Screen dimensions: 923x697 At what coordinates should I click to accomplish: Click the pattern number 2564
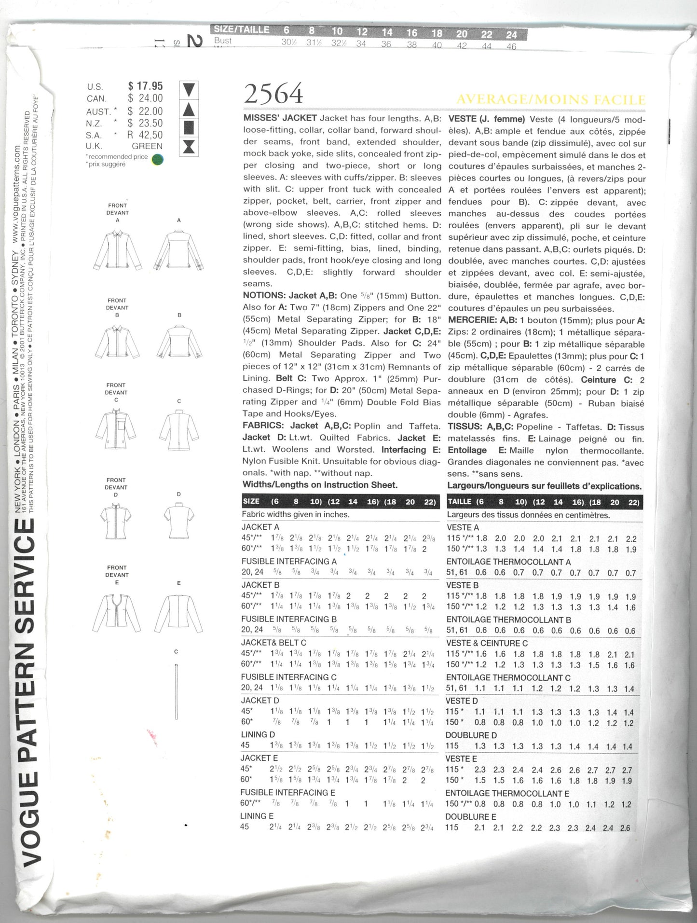click(273, 94)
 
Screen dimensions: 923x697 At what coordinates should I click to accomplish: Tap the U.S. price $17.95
click(145, 86)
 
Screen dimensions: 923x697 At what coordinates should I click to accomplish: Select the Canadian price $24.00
click(145, 98)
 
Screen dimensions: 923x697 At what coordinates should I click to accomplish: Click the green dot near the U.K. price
click(157, 159)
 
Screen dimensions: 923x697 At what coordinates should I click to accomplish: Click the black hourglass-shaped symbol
click(189, 146)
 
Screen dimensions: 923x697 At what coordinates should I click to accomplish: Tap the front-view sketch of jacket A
click(118, 249)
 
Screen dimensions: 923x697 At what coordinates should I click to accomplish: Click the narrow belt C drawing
click(177, 692)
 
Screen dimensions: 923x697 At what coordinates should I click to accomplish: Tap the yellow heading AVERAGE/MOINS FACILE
click(550, 100)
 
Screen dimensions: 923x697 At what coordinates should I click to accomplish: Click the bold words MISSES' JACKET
click(280, 118)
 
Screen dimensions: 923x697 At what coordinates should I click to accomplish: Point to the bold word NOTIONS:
click(263, 296)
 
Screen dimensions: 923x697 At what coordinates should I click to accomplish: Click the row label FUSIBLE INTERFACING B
click(289, 619)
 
